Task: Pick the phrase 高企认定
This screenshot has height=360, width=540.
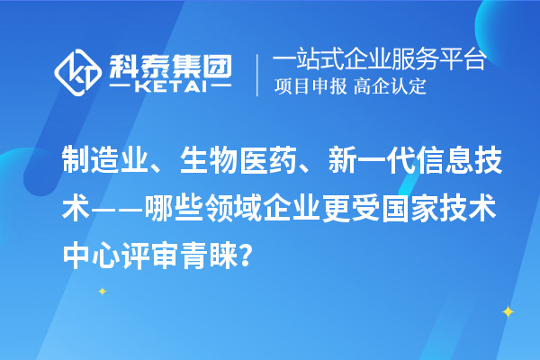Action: [389, 88]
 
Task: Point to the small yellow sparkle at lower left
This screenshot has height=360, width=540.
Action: [102, 291]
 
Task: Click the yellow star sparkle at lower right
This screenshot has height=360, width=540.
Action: [508, 311]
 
